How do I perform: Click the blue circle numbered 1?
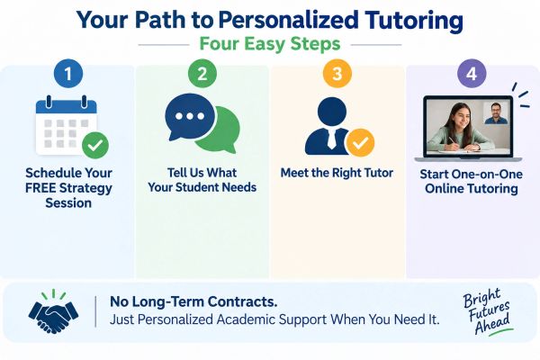click(x=68, y=74)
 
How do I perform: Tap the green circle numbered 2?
click(x=202, y=74)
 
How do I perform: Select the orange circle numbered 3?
click(x=337, y=74)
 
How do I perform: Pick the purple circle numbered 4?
click(x=472, y=74)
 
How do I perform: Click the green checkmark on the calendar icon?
click(x=95, y=145)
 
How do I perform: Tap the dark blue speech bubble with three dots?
click(x=189, y=117)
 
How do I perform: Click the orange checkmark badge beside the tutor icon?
click(x=360, y=142)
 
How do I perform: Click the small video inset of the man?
click(x=496, y=112)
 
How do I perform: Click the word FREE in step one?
click(x=40, y=188)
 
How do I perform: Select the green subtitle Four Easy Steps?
click(x=270, y=44)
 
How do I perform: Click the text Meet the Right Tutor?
click(x=337, y=173)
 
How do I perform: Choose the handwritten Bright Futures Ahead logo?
click(x=488, y=312)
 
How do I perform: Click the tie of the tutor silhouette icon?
click(x=331, y=139)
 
